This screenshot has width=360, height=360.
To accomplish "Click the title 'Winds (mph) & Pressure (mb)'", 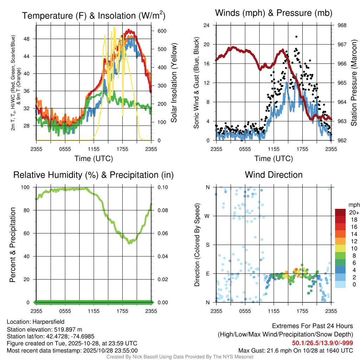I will [274, 13].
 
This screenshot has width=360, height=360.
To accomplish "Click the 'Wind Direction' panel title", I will [274, 175].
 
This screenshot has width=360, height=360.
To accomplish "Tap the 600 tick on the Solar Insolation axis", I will [162, 31].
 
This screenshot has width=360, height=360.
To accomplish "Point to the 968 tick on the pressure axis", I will [342, 25].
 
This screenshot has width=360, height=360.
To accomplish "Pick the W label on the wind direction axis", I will [208, 216].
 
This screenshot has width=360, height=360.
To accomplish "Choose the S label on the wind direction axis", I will [208, 245].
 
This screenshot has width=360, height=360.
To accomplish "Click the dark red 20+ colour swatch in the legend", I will [340, 212].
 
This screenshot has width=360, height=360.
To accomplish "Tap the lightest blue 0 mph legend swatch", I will [340, 285].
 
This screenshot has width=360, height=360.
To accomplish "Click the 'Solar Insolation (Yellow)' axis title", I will [174, 83].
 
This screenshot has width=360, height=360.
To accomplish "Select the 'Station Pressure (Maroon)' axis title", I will [354, 83].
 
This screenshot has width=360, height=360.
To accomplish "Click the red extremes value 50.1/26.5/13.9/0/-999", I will [322, 343].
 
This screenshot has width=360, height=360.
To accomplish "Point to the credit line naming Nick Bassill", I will [180, 357].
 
